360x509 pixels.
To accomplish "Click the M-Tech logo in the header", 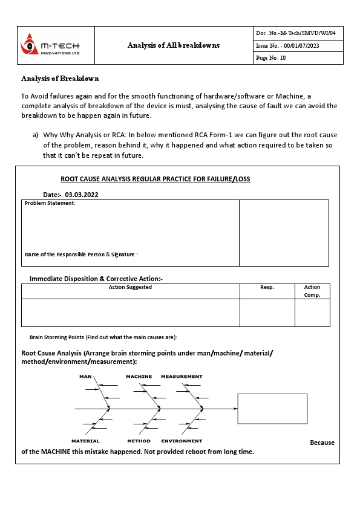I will point(50,46).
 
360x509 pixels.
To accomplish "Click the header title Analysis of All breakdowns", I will point(174,45).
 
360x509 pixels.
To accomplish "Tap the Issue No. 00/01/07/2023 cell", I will point(287,46).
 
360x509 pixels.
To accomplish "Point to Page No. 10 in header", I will point(271,58).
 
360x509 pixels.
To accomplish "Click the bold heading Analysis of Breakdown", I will point(60,79).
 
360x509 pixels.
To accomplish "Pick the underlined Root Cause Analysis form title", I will point(155,179).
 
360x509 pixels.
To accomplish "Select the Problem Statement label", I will point(50,203).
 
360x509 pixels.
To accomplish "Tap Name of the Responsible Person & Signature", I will point(81,254).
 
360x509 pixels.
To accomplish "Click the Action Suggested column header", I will point(130,287).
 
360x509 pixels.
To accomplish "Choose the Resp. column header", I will point(267,287).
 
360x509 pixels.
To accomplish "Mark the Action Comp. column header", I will point(312,291).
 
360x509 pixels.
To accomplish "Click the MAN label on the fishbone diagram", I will point(85,377).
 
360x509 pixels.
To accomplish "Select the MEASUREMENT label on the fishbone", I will point(182,377).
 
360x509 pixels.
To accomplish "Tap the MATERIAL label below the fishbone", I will point(85,441).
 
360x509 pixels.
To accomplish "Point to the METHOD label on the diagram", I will point(139,441).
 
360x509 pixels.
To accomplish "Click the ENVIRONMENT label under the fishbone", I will point(182,441).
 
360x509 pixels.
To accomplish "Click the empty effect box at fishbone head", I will point(272,409).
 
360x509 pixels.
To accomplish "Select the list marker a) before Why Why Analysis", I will point(36,135).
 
